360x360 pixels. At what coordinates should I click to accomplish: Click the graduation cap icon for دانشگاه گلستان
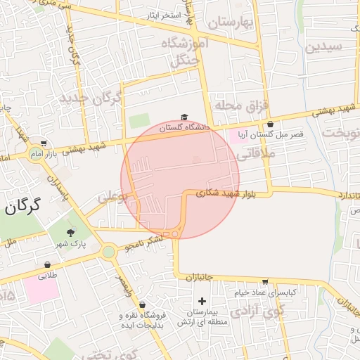pyautogui.click(x=184, y=117)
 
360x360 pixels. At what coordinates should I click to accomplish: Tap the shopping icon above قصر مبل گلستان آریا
pyautogui.click(x=271, y=124)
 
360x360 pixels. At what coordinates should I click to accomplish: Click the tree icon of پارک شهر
pyautogui.click(x=70, y=233)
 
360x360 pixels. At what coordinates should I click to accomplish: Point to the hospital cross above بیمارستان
pyautogui.click(x=202, y=301)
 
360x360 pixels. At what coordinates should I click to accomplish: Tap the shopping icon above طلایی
pyautogui.click(x=47, y=265)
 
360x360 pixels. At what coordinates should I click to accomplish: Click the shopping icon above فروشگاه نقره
pyautogui.click(x=143, y=305)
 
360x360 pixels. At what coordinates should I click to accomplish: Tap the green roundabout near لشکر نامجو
pyautogui.click(x=108, y=251)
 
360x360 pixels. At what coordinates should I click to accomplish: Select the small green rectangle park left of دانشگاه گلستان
pyautogui.click(x=139, y=120)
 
